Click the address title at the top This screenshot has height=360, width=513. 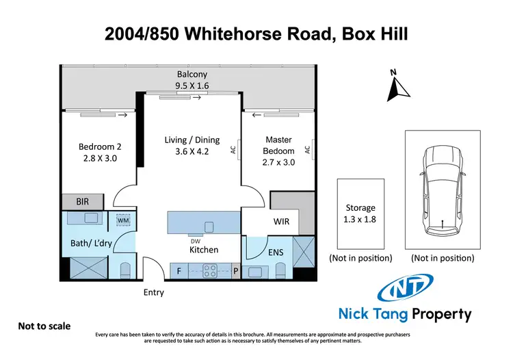coord(256,33)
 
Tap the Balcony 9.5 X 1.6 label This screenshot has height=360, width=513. coord(192,80)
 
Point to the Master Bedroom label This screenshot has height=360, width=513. coord(279,151)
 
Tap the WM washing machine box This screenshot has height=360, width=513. coord(124,220)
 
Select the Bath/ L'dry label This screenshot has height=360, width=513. coord(87,242)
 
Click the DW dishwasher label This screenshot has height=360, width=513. coord(195,240)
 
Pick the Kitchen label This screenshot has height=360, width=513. coord(204,250)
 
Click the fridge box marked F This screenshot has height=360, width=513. coord(179,271)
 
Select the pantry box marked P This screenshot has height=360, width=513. coord(237,271)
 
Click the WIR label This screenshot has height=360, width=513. coord(282,222)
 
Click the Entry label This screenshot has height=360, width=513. coord(153,292)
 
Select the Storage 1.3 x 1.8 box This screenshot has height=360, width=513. coord(360,214)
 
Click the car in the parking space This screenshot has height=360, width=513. coord(442,189)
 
